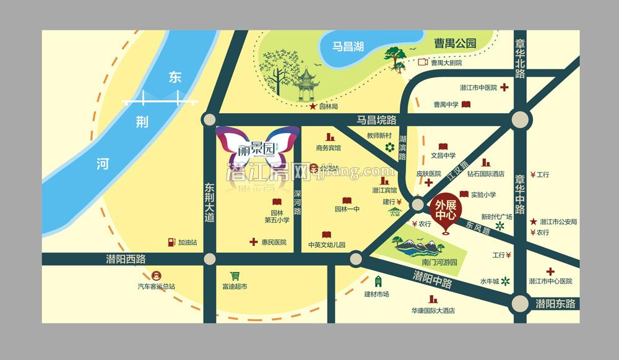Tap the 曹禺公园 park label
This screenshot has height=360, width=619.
point(455,43)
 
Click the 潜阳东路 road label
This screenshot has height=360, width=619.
point(555,304)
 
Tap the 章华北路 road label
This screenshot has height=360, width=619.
point(519,59)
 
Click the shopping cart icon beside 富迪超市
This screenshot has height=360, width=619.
point(235,276)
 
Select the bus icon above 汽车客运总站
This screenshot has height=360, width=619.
point(156,276)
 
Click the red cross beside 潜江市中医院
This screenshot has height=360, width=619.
point(504,87)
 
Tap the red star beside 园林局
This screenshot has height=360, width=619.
point(313,106)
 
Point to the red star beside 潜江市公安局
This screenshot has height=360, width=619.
point(534,221)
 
